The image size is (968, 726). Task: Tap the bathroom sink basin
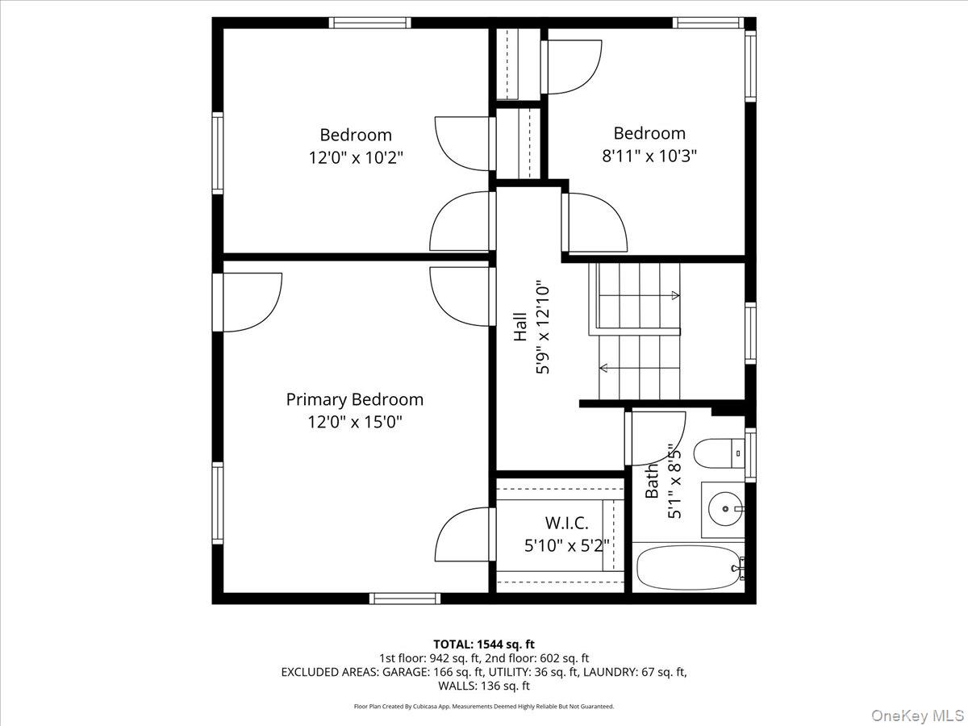click(x=724, y=510)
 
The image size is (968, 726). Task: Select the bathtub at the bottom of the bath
click(x=688, y=568)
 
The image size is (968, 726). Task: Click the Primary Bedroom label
click(x=354, y=399)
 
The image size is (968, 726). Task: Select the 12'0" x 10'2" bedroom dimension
click(x=356, y=157)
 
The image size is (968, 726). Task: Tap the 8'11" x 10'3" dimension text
click(x=649, y=156)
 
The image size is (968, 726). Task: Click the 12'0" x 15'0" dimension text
click(x=354, y=421)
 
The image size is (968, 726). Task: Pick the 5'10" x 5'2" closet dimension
click(x=566, y=545)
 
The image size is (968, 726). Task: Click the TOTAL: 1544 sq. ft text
click(x=484, y=644)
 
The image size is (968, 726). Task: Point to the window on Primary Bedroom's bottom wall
click(x=405, y=599)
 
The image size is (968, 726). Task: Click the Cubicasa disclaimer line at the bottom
click(x=484, y=707)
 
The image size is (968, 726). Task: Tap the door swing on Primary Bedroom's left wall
click(x=252, y=302)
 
